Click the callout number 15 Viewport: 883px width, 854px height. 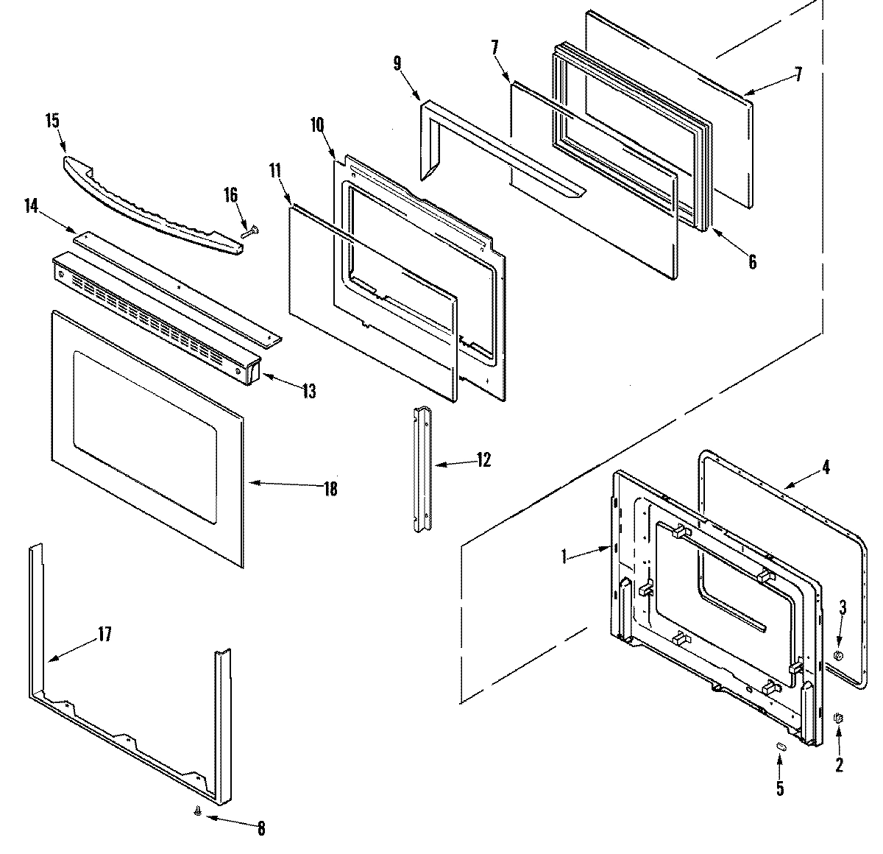[52, 121]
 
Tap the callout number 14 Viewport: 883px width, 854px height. [32, 205]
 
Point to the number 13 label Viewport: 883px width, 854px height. [308, 391]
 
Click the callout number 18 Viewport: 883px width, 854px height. [330, 488]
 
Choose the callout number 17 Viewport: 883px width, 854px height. [105, 634]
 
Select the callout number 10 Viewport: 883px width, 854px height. [317, 124]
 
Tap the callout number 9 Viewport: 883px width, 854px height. [397, 63]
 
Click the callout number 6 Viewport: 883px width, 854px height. [752, 261]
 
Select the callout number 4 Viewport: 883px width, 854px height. [826, 467]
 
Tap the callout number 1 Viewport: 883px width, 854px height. [564, 557]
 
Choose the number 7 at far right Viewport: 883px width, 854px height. [798, 74]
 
